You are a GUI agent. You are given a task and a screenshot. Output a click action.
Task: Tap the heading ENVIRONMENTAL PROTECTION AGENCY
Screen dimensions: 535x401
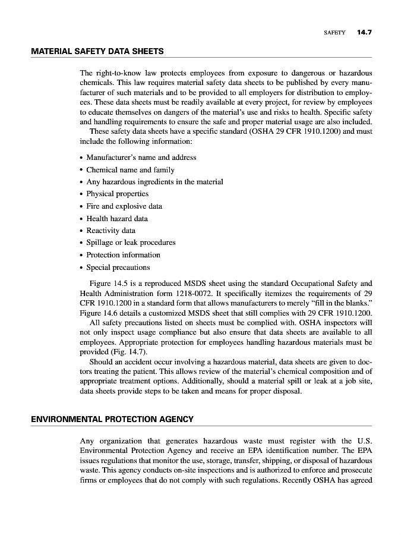[112, 419]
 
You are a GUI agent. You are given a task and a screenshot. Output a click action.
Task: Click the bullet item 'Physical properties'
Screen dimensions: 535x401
[117, 194]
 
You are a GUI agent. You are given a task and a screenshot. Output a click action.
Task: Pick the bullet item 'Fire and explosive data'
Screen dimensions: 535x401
[124, 206]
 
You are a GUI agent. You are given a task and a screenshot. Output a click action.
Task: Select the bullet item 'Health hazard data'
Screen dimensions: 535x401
[117, 218]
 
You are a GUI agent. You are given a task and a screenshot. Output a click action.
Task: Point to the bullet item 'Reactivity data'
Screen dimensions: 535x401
[110, 231]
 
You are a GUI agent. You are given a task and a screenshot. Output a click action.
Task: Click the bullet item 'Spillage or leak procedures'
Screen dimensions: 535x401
[131, 243]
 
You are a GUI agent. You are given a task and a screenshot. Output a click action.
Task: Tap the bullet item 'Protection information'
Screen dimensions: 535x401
[123, 255]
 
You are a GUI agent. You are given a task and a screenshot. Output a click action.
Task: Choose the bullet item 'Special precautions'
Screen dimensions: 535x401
[118, 267]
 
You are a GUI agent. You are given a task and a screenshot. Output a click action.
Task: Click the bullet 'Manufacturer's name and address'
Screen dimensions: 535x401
[141, 158]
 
